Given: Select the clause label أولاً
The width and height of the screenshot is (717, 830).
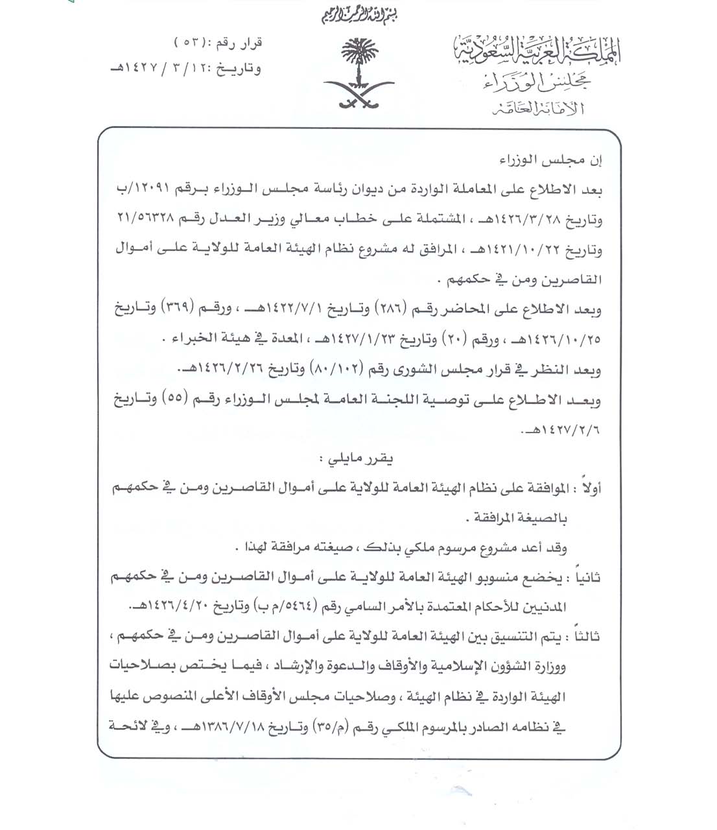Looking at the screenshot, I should coord(588,489).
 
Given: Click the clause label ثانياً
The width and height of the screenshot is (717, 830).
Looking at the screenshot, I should coord(586,576).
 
